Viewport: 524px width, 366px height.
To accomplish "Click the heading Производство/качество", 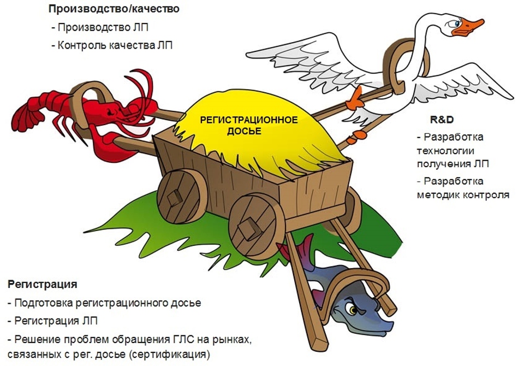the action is click(114, 9).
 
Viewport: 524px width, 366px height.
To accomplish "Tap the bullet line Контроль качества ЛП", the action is click(114, 45).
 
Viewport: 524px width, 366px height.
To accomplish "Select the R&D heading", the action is click(442, 120).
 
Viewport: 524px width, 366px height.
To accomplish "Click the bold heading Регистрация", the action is click(42, 285).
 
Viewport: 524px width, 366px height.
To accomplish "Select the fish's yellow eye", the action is click(350, 310).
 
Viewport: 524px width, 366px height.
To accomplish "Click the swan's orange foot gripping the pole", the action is click(355, 99).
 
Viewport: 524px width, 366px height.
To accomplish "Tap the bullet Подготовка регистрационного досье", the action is click(104, 303).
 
